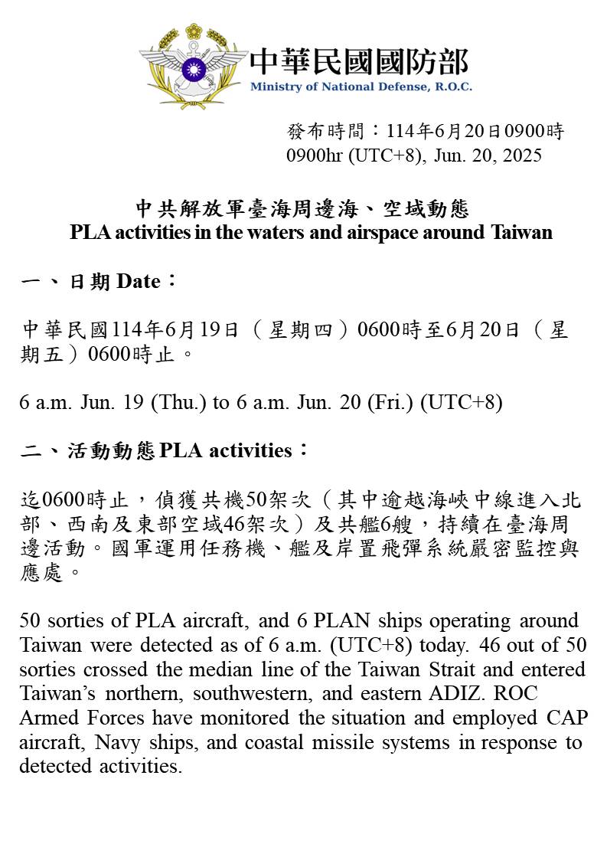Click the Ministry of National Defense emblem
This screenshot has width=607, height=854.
click(x=193, y=67)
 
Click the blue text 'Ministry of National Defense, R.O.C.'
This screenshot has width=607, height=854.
click(x=361, y=87)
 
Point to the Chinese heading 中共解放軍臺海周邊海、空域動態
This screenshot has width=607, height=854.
click(x=302, y=208)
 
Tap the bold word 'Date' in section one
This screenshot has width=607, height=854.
click(x=139, y=282)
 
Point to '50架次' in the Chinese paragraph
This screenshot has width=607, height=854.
click(x=278, y=502)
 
